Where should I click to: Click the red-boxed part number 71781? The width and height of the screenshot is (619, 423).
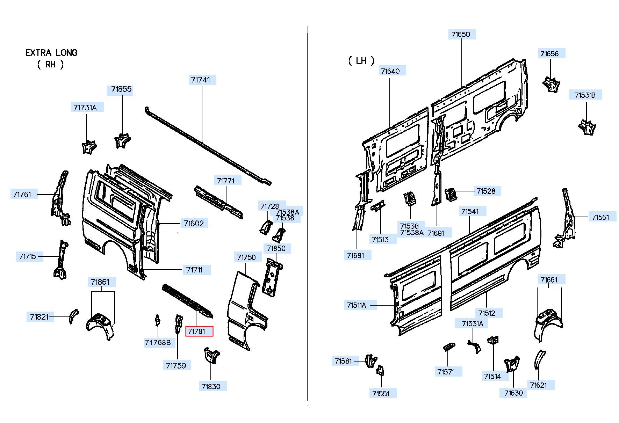199,331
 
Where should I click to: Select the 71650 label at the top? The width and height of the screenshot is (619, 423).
461,34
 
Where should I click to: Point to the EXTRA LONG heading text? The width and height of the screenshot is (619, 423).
51,53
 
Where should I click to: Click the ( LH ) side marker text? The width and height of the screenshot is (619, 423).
361,61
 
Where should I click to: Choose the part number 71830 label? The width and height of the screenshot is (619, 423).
211,386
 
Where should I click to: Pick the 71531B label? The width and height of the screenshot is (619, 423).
585,95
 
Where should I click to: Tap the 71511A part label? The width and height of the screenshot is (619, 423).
356,305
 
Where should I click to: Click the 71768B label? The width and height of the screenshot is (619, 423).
158,343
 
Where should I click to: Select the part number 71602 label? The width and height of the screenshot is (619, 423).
194,223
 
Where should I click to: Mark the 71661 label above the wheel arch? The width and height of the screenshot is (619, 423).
549,280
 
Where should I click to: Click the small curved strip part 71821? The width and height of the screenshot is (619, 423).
73,316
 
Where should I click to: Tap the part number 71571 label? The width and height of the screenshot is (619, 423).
446,372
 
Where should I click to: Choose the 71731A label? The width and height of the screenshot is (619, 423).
85,108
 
